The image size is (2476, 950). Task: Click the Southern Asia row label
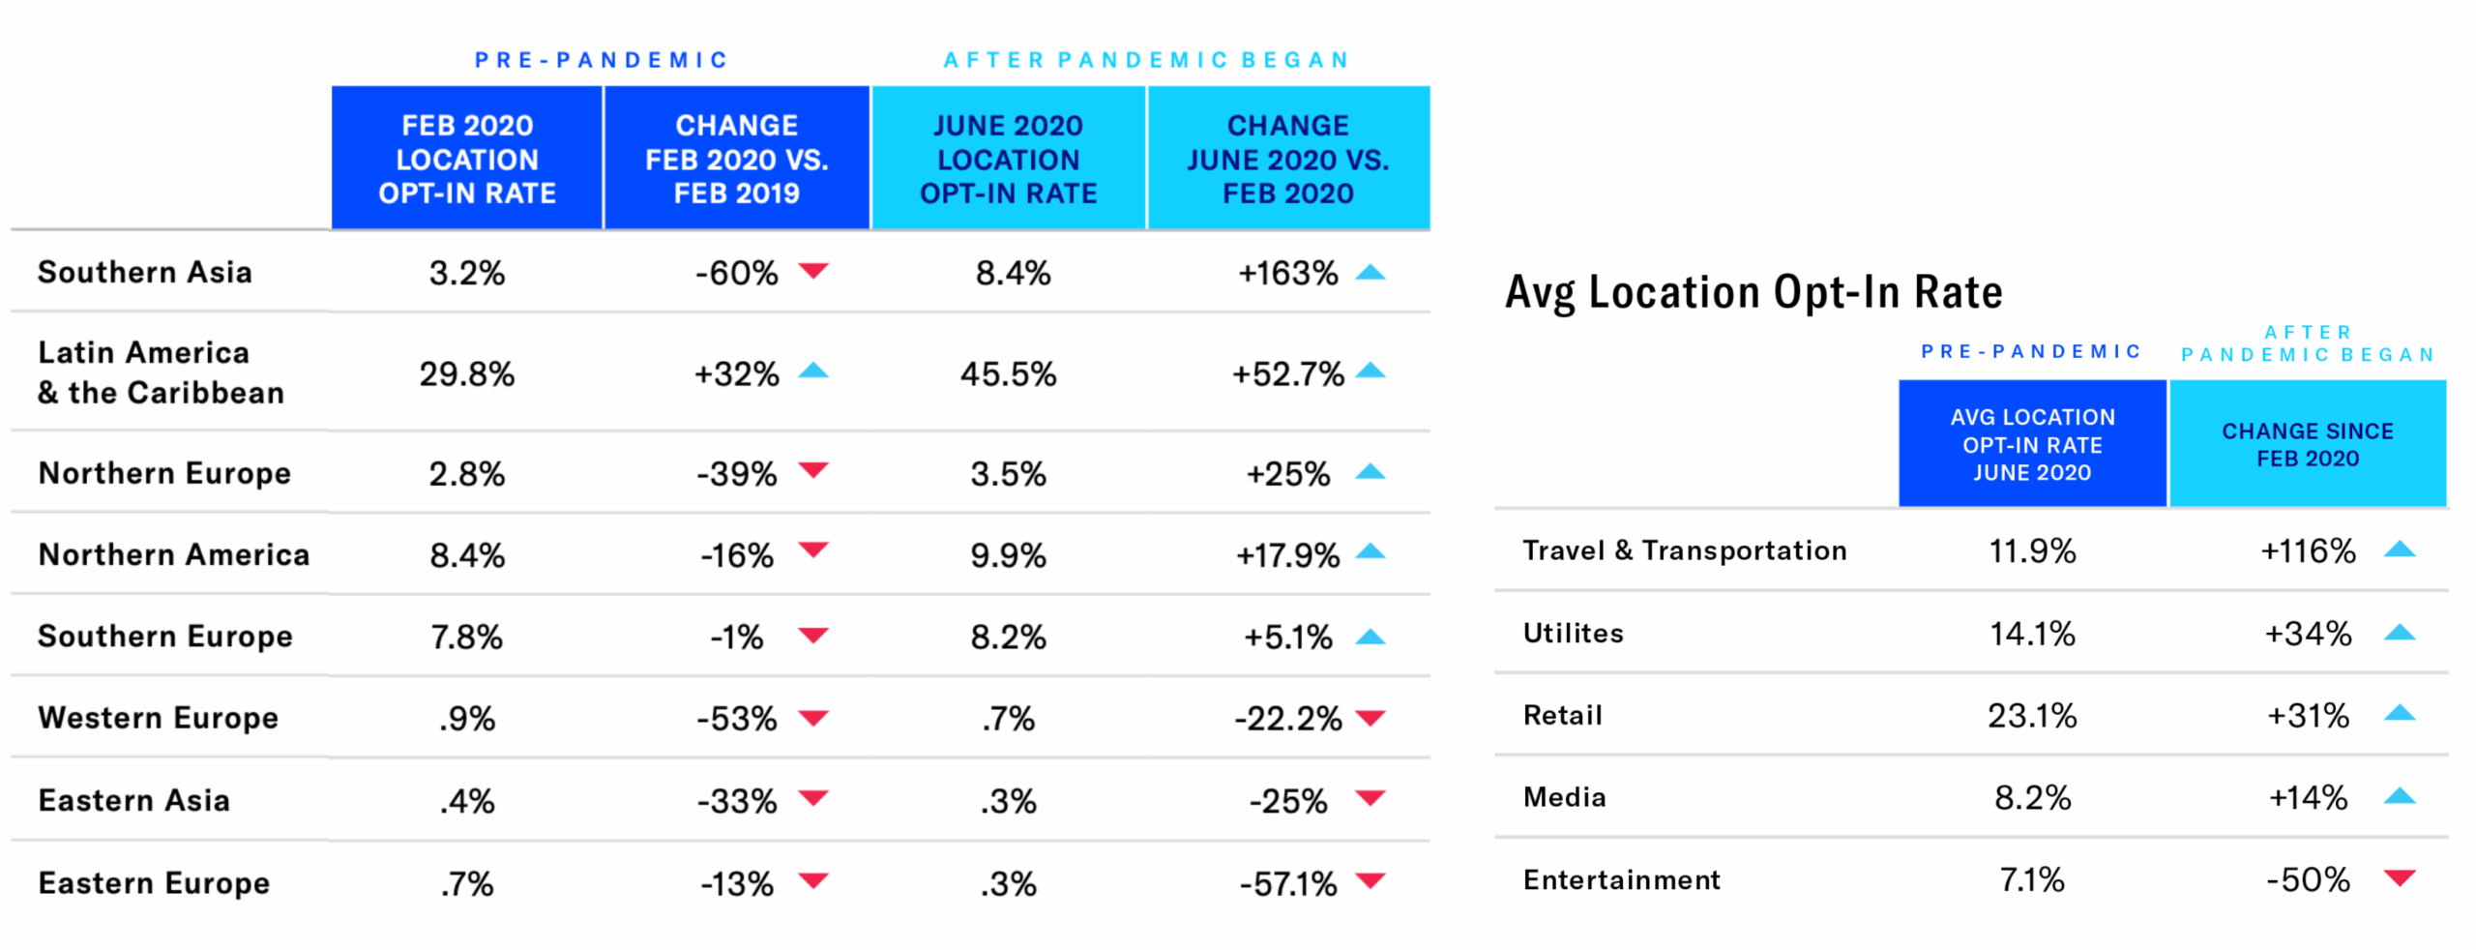point(144,273)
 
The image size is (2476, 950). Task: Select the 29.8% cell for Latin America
point(466,373)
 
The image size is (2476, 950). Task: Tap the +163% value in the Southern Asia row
point(1287,273)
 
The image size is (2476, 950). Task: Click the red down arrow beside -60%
point(813,270)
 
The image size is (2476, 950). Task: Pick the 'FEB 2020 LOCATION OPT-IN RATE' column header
point(466,159)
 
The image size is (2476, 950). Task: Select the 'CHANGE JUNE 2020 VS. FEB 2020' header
point(1287,159)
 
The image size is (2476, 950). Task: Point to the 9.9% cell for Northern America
point(1008,555)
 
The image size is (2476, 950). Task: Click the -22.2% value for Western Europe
point(1287,719)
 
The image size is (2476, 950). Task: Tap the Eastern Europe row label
point(154,883)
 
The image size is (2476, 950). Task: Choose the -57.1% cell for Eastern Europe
point(1287,883)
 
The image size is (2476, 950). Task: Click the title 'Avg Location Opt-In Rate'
point(1753,292)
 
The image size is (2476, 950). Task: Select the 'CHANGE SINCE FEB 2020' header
point(2307,444)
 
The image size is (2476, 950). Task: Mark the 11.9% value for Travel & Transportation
point(2031,551)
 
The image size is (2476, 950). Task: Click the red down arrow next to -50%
point(2400,877)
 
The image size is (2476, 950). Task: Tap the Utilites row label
point(1573,634)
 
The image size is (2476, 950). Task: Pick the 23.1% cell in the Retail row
point(2031,716)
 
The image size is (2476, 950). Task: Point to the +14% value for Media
point(2307,798)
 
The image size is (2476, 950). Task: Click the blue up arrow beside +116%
point(2400,549)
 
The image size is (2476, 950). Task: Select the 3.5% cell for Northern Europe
point(1008,474)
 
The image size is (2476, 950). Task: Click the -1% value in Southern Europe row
point(736,638)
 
